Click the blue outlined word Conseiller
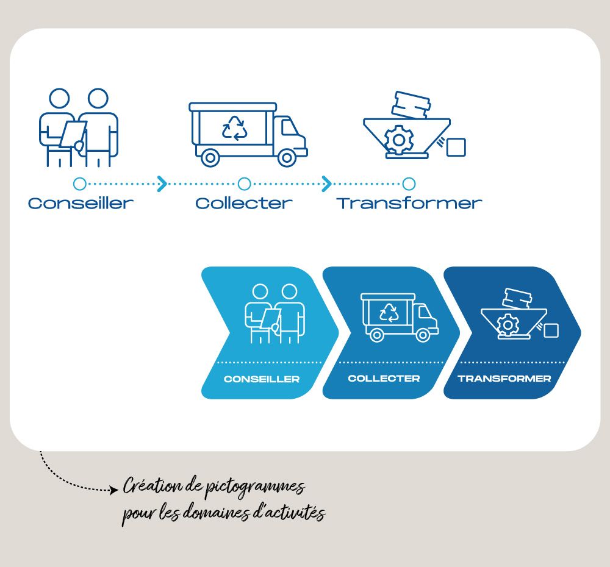click(x=81, y=204)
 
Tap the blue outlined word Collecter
click(x=244, y=204)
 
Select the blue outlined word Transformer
click(x=409, y=204)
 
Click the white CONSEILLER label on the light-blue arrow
click(x=262, y=379)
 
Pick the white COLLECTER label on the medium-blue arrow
click(x=384, y=379)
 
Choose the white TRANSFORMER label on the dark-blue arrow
click(x=504, y=379)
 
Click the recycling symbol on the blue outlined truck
click(x=235, y=128)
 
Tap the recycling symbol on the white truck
click(x=389, y=313)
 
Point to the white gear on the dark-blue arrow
click(x=508, y=325)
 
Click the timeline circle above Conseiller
click(x=80, y=184)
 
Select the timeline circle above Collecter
click(x=245, y=184)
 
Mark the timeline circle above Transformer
click(x=409, y=184)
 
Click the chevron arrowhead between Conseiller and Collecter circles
click(x=162, y=184)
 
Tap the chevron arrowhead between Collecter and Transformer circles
click(x=327, y=184)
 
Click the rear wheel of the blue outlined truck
click(x=210, y=158)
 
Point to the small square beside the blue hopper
click(x=456, y=148)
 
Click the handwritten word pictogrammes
click(x=255, y=488)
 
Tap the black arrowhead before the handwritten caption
click(x=114, y=490)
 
